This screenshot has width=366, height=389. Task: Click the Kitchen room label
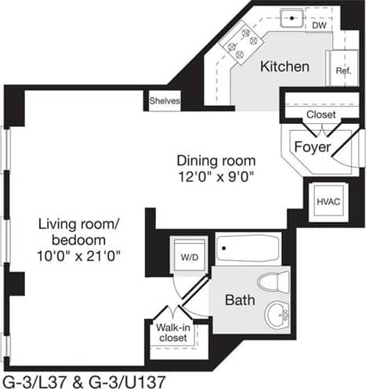click(285, 67)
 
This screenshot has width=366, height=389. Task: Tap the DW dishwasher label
click(319, 25)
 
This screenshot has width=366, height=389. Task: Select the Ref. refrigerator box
click(342, 70)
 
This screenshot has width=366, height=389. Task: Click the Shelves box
click(165, 101)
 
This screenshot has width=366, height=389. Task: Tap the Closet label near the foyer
click(321, 115)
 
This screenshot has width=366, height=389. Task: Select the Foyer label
click(311, 147)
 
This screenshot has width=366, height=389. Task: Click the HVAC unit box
click(327, 201)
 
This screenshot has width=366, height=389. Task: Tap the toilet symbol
click(274, 282)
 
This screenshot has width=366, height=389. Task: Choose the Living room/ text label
click(78, 224)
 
